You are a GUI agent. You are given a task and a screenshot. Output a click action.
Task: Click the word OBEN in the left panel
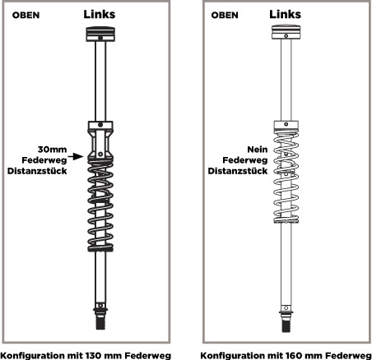26,15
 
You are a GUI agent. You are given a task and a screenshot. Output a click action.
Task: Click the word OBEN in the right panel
225,15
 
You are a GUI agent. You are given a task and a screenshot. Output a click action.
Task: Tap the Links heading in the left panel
100,14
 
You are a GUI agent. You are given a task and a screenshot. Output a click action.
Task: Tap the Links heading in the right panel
285,14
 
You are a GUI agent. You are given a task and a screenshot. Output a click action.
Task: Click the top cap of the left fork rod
100,34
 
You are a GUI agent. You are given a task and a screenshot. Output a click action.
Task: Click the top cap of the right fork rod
286,32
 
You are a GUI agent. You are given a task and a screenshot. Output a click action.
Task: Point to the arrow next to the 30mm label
76,157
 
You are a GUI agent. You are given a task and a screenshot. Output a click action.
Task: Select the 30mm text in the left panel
52,150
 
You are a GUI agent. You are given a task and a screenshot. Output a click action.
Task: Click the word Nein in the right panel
258,150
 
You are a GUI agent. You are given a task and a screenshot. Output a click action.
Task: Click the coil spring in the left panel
100,205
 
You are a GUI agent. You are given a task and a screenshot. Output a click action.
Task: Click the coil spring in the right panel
286,177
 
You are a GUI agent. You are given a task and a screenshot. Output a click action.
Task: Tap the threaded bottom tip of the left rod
100,322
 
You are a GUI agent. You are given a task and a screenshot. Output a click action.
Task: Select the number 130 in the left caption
95,355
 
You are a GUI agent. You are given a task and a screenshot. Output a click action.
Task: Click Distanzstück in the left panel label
37,171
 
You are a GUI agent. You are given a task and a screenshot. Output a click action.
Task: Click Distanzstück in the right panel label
238,171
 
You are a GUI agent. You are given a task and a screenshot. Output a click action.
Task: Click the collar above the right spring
286,125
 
